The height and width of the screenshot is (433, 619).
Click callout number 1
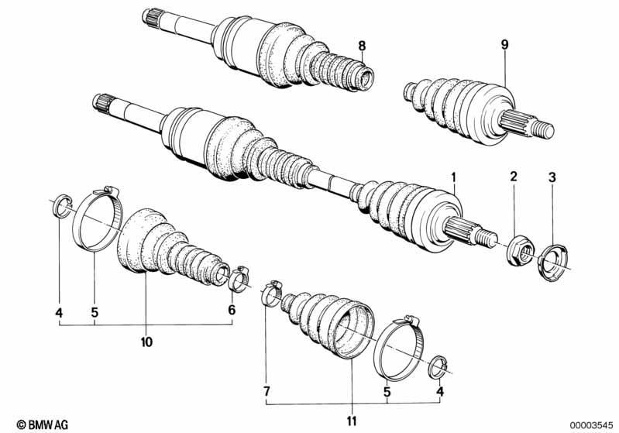pyautogui.click(x=453, y=177)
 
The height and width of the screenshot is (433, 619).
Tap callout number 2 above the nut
pyautogui.click(x=513, y=177)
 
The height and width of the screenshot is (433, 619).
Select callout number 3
pyautogui.click(x=552, y=177)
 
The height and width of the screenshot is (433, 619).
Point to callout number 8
pyautogui.click(x=362, y=46)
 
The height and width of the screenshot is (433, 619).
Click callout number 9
pyautogui.click(x=505, y=44)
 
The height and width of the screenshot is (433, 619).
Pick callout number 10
pyautogui.click(x=146, y=342)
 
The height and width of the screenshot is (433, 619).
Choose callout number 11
pyautogui.click(x=352, y=421)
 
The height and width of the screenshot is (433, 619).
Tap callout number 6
pyautogui.click(x=232, y=310)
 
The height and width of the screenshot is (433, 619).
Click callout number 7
pyautogui.click(x=267, y=391)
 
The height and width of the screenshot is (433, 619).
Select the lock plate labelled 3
pyautogui.click(x=552, y=263)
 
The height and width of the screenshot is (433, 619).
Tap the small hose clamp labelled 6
pyautogui.click(x=239, y=278)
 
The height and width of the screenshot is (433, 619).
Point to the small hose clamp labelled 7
pyautogui.click(x=272, y=293)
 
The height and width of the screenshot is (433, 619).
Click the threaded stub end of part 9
pyautogui.click(x=543, y=129)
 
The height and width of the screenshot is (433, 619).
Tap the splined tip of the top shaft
pyautogui.click(x=151, y=16)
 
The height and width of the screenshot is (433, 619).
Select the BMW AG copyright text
pyautogui.click(x=43, y=424)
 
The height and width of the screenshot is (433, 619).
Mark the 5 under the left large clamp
pyautogui.click(x=95, y=313)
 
